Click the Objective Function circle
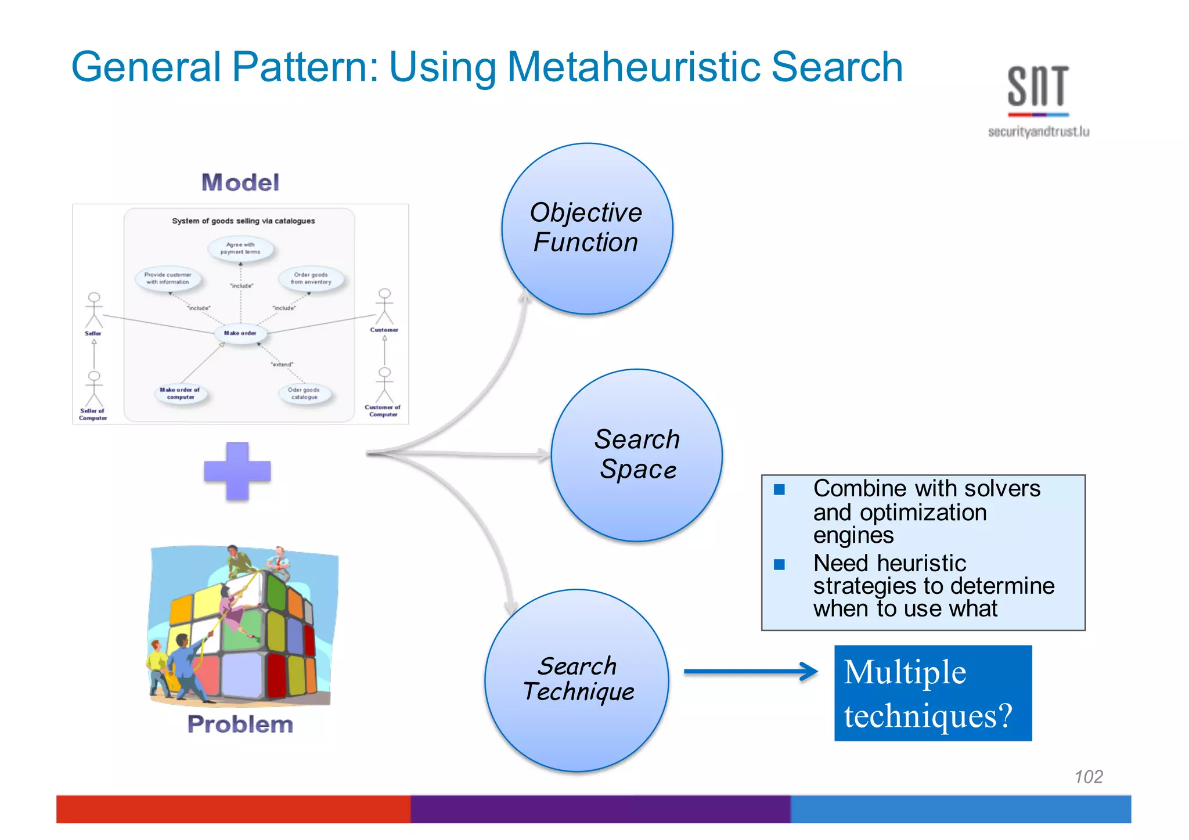(587, 229)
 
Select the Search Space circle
(637, 455)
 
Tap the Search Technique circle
(577, 680)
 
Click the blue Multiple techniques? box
(932, 693)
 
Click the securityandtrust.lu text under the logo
(1038, 132)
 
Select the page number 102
(1088, 777)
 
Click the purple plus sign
(237, 471)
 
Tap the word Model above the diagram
(240, 182)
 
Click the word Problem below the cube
(240, 724)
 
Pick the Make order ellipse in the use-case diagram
(240, 333)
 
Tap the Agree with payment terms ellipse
(240, 248)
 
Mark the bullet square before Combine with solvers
(779, 489)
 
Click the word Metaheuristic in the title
(634, 67)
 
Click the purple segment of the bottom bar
(600, 809)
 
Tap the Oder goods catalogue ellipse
(304, 394)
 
